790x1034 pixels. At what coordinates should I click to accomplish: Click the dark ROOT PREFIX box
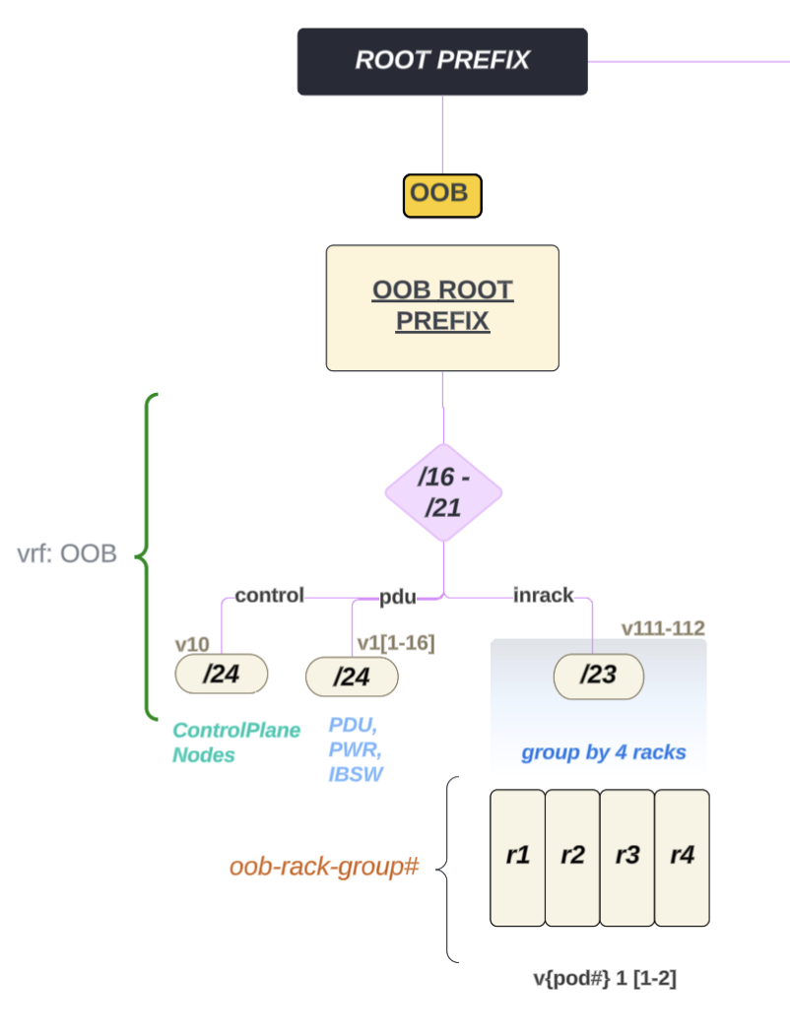coord(442,61)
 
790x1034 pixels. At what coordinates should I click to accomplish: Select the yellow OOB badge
coord(441,195)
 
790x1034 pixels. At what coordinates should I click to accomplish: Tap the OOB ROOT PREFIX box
coord(442,307)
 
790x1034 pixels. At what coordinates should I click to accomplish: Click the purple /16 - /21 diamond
coord(442,491)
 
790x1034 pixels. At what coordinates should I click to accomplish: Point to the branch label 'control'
coord(269,596)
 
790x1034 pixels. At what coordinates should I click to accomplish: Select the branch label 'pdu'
coord(398,597)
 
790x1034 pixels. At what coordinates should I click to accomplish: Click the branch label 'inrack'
coord(543,596)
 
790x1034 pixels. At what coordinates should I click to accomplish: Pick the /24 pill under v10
coord(222,675)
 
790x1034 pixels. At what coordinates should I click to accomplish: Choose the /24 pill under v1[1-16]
coord(352,678)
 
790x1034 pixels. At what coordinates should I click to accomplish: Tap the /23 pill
coord(598,677)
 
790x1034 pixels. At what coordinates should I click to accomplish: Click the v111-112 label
coord(663,628)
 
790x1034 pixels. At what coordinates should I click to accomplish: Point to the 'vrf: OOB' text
coord(67,553)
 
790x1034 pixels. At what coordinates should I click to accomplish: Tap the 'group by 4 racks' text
coord(603,754)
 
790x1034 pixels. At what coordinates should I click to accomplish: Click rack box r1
coord(517,857)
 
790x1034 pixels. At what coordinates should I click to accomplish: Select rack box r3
coord(626,857)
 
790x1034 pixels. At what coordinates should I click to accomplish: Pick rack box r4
coord(682,857)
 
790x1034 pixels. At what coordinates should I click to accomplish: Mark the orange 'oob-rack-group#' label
coord(325,868)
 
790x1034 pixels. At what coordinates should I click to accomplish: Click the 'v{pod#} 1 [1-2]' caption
coord(604,979)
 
